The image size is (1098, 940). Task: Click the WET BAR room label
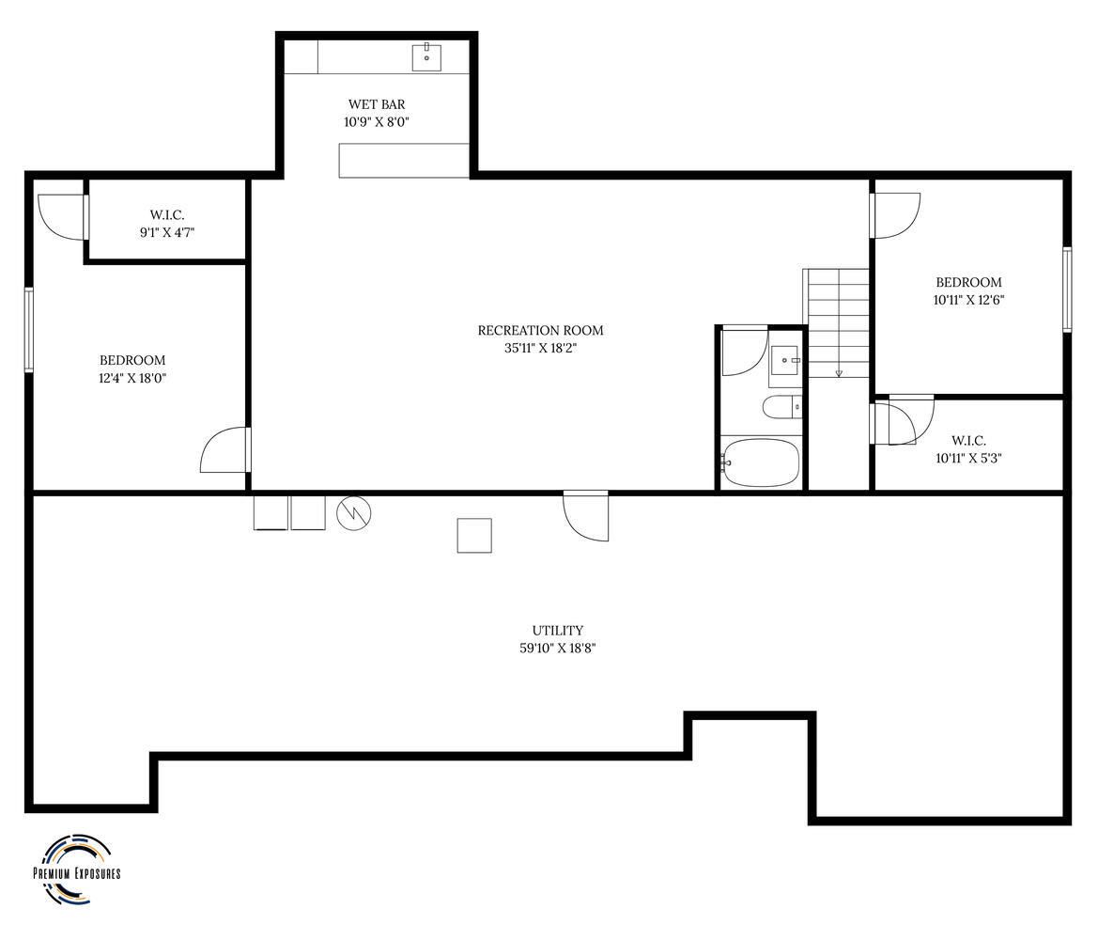tap(377, 104)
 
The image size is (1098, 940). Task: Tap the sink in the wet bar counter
tap(426, 56)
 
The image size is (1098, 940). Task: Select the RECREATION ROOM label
tap(541, 330)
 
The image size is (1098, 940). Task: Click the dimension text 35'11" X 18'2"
tap(541, 348)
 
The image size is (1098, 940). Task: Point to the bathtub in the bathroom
tap(761, 462)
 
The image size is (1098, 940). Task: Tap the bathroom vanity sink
tap(785, 362)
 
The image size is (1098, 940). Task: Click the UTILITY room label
tap(557, 630)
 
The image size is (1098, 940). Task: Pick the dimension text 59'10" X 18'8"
tap(557, 649)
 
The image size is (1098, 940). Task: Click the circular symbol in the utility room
tap(353, 514)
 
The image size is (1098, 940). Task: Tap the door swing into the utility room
tap(586, 516)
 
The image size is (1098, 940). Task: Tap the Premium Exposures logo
tap(77, 869)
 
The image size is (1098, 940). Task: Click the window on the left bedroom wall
tap(29, 329)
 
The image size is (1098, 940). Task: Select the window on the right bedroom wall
tap(1067, 289)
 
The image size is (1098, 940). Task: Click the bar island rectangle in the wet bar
tap(404, 161)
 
